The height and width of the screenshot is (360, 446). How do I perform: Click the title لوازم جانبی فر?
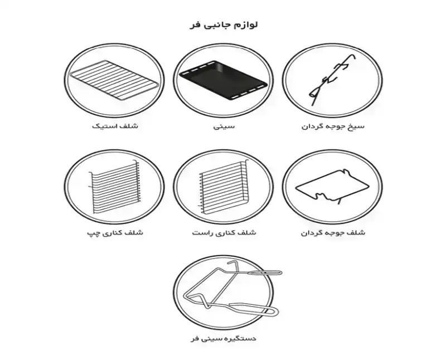tap(224, 25)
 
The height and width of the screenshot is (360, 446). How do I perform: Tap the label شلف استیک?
tap(115, 126)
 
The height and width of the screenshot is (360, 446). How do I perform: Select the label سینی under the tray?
tap(224, 126)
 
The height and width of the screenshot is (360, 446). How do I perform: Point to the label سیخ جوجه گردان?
tap(333, 126)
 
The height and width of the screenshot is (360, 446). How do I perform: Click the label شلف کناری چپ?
tap(115, 233)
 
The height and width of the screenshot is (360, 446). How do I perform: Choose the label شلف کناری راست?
tap(224, 232)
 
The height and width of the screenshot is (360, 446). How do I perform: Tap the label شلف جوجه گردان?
tap(333, 233)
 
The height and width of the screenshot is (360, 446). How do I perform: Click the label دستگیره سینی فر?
tap(224, 338)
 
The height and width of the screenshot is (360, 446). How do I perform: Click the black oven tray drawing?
tap(224, 80)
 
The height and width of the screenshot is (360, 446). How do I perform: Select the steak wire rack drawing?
tap(114, 80)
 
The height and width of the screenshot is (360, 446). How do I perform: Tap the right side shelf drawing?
tap(224, 186)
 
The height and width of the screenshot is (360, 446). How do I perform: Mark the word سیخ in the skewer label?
tap(357, 126)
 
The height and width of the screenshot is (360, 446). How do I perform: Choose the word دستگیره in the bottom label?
tap(242, 338)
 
